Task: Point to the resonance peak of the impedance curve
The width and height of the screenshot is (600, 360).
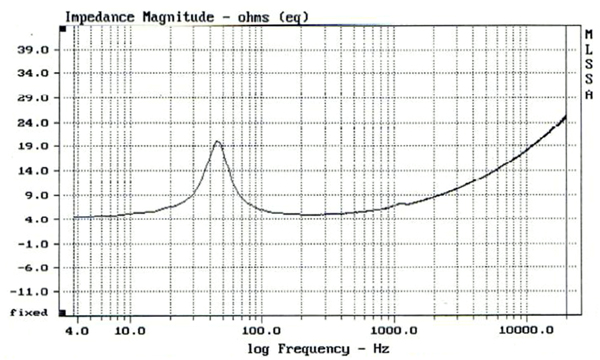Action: click(217, 142)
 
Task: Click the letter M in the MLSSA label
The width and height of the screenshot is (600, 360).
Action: click(587, 35)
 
